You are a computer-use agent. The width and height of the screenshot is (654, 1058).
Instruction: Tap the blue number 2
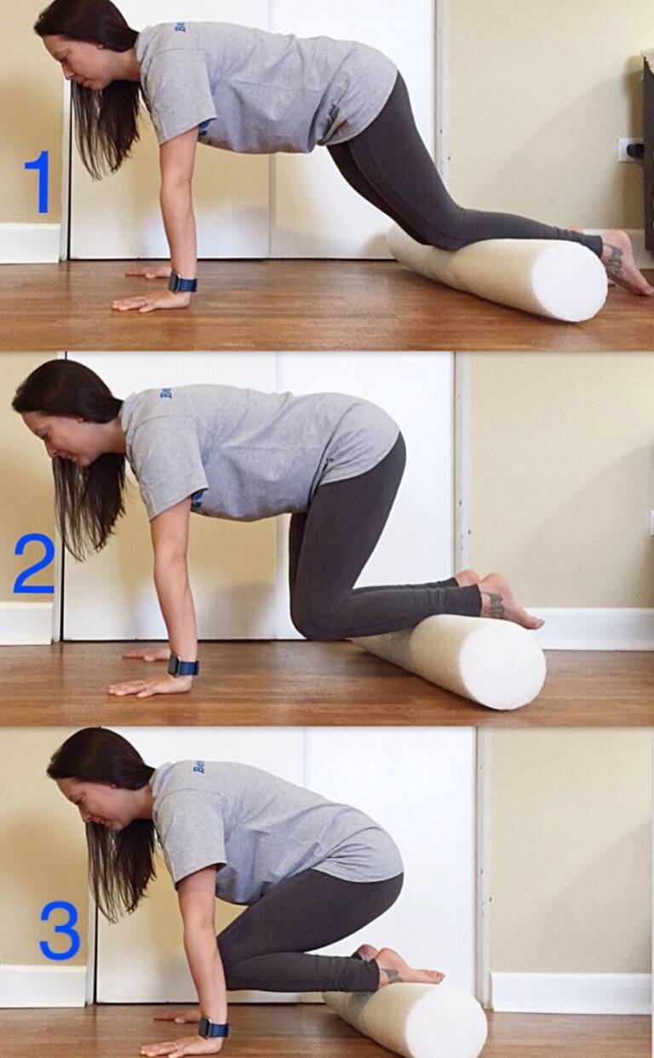pos(34,563)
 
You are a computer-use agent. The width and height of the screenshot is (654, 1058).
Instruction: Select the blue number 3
pos(60,930)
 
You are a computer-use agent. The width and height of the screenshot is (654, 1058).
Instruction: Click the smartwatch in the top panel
pos(181,282)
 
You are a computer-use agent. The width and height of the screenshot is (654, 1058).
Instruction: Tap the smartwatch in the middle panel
pos(183,665)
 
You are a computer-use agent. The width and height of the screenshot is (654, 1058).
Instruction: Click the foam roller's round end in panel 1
pos(571,280)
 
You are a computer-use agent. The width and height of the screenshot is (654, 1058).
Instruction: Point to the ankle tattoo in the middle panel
pos(495,605)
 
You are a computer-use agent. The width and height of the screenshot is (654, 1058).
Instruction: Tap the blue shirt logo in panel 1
pos(181,28)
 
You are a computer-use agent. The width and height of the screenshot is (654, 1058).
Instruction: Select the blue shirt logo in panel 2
pos(165,394)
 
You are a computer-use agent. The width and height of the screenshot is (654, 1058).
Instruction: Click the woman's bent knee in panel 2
pos(307,626)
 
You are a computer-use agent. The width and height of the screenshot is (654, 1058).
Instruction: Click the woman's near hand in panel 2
pos(145,686)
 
